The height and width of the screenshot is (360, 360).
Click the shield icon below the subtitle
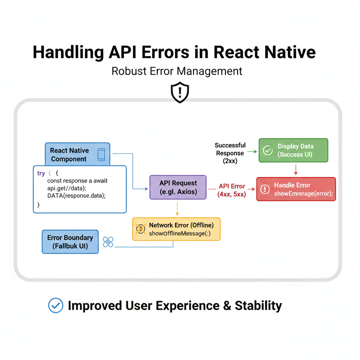(180, 92)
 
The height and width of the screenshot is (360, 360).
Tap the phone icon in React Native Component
(101, 154)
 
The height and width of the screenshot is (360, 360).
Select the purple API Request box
(178, 187)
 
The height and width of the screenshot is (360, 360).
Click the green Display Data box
(293, 150)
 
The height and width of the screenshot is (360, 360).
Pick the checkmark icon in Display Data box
(268, 150)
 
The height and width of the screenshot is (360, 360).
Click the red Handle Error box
(296, 189)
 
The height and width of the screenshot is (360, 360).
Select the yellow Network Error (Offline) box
(176, 229)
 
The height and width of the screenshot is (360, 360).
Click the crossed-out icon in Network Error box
(141, 229)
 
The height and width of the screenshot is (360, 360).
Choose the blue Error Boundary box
(70, 242)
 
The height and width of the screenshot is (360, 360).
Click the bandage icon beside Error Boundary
(108, 242)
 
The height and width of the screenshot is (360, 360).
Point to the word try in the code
(41, 174)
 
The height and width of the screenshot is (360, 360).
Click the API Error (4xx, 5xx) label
(232, 190)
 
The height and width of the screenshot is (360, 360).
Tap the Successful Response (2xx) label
(230, 153)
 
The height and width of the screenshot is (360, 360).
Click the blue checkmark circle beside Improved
(56, 305)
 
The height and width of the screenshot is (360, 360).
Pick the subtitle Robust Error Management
(177, 71)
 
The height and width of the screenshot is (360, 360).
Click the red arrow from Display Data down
(296, 169)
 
